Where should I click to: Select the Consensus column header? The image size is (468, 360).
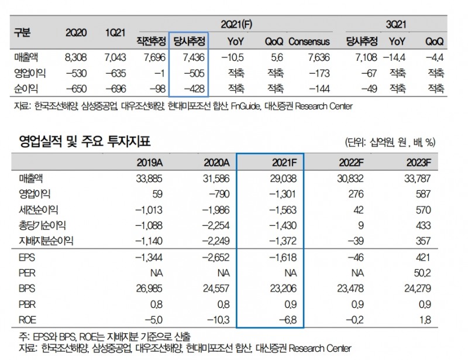[x=309, y=42]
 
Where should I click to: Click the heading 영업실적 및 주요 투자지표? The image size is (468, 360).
[x=85, y=140]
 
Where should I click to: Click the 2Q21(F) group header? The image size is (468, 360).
[x=239, y=23]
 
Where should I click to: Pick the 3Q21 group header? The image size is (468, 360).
[x=397, y=23]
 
